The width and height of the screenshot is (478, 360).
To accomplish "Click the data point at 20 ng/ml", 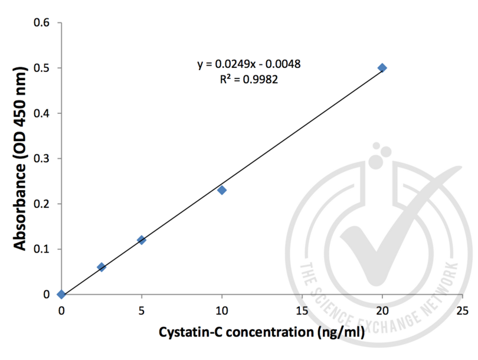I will click(x=382, y=68).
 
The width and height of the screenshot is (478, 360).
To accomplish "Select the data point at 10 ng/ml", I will click(x=222, y=190).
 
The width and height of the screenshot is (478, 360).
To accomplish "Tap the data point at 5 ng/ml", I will click(x=142, y=240).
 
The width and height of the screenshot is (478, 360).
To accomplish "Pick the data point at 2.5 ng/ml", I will click(x=102, y=267).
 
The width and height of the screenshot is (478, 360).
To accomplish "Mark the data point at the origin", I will click(x=61, y=294).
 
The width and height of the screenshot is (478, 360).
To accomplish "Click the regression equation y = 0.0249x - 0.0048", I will click(x=250, y=64).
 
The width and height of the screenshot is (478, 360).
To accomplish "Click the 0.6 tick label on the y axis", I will click(x=44, y=23).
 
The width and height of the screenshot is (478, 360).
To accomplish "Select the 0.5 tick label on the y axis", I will click(x=44, y=68).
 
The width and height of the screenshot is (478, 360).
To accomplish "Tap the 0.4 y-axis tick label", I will click(x=44, y=113).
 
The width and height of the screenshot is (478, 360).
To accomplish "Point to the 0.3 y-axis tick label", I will click(x=44, y=159).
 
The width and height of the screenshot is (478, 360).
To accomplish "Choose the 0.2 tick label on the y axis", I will click(x=44, y=204).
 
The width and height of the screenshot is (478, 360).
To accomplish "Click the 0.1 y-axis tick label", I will click(x=44, y=249).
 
